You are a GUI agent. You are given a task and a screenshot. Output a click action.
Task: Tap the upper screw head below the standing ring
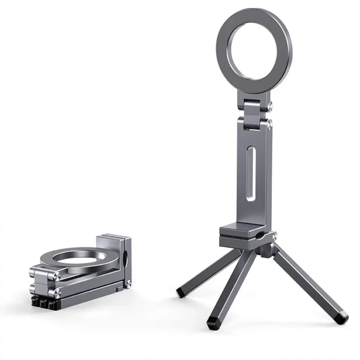tap(269, 106)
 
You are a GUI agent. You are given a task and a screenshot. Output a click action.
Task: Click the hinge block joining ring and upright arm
tap(255, 113)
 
